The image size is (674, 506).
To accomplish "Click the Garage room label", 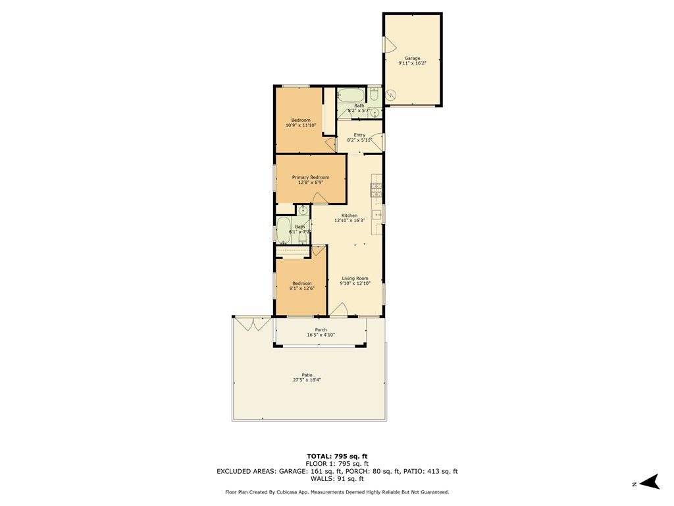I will click(412, 58).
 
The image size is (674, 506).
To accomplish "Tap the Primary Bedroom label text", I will click(311, 177).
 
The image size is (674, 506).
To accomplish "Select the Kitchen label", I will click(350, 215).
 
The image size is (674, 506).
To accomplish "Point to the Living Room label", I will click(355, 278).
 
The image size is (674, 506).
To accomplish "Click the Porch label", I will click(321, 330).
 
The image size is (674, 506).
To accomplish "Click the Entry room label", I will click(359, 135).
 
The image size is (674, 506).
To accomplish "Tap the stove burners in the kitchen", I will click(377, 190).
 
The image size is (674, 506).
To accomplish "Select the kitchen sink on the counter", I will click(377, 214).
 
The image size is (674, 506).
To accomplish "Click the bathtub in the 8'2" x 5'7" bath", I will click(351, 95).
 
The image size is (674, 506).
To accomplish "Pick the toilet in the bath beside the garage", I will click(374, 96).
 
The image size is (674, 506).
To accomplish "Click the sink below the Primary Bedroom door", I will click(303, 211).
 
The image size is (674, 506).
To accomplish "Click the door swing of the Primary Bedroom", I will click(319, 198).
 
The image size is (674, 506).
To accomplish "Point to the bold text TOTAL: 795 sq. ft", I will click(337, 456).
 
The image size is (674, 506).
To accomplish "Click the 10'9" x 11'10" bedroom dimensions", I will click(301, 125).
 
